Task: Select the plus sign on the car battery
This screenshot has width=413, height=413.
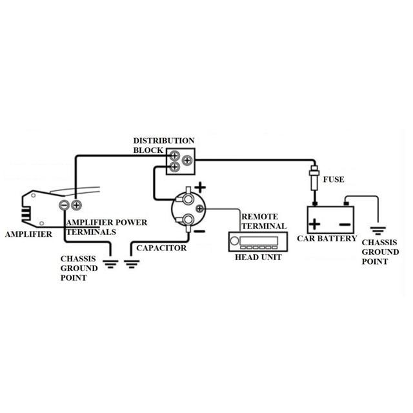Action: [x=314, y=225]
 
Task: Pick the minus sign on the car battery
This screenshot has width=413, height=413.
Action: [x=344, y=225]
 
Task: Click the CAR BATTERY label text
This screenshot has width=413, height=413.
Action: [x=327, y=239]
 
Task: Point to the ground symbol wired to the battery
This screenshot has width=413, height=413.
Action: [x=377, y=229]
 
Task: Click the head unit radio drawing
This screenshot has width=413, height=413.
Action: [x=254, y=243]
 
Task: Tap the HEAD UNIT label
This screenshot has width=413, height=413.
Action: [x=254, y=257]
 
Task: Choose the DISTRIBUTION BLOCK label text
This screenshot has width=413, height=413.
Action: [x=163, y=145]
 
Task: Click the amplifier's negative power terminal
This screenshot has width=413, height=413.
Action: [x=65, y=205]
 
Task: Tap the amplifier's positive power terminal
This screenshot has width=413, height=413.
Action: [x=76, y=205]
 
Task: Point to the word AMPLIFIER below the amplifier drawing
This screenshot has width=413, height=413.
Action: [x=28, y=234]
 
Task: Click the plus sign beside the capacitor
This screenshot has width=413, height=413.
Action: [x=200, y=188]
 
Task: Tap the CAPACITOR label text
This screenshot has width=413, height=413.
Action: [x=161, y=248]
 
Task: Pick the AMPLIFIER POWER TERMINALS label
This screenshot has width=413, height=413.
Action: [x=106, y=227]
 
